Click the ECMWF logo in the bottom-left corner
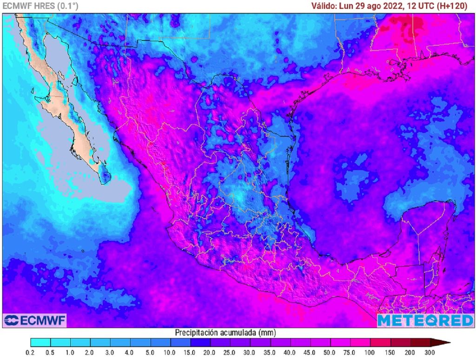point(35,321)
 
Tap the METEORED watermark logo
point(425,321)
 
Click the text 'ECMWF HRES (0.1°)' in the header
point(40,6)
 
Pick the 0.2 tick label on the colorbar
point(31,352)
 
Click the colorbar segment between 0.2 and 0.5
point(40,343)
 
